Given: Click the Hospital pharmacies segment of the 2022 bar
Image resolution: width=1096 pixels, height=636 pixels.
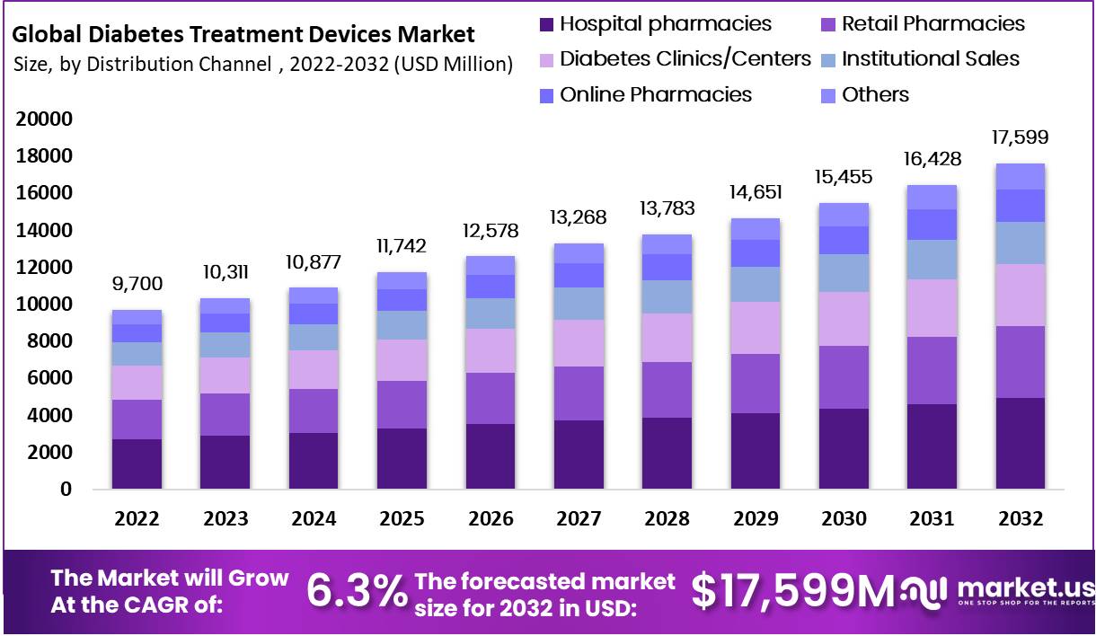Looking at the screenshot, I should point(137,464).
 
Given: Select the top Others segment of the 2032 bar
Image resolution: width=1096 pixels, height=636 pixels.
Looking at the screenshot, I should point(1021,176).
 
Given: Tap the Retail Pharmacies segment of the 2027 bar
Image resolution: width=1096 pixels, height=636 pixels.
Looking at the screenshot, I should point(579,393).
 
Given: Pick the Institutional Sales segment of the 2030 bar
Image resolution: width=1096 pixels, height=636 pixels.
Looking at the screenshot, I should point(844,273).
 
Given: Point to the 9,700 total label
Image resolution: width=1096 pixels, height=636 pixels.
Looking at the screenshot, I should point(137,285).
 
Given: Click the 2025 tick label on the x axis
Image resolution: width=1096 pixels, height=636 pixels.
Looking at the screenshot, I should point(402,519).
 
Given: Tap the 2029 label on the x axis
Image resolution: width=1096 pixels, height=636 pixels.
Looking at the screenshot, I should point(756,519).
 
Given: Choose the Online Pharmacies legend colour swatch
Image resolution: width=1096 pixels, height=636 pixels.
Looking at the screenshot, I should point(546,95).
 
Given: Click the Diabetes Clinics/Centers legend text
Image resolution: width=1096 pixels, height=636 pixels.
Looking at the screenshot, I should point(685,59).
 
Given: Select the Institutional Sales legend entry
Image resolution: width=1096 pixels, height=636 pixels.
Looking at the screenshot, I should point(930,59).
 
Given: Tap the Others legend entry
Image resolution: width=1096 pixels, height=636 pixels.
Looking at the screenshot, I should point(875,95).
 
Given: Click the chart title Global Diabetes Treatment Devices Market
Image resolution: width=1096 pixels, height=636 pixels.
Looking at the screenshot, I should point(243,35).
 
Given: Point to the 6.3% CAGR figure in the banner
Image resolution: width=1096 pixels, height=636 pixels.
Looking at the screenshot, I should point(356,590).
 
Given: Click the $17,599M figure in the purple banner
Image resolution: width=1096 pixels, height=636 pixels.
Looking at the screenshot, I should point(793,590).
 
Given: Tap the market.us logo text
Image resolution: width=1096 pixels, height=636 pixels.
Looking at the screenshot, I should point(1024,588).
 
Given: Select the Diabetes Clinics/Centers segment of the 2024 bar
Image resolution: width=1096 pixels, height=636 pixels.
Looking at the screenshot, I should point(314,369).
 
